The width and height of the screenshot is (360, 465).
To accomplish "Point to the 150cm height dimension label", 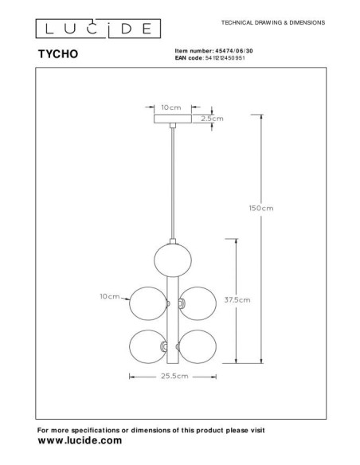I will tap(261, 209).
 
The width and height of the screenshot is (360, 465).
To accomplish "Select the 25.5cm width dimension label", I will tap(171, 375).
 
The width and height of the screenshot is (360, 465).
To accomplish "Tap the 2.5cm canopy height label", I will tap(213, 119).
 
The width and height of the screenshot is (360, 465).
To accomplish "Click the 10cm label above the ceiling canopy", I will tap(170, 105).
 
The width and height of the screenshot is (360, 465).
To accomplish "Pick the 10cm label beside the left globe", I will tap(109, 297).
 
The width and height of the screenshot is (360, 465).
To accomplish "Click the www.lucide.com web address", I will tap(80, 440).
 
